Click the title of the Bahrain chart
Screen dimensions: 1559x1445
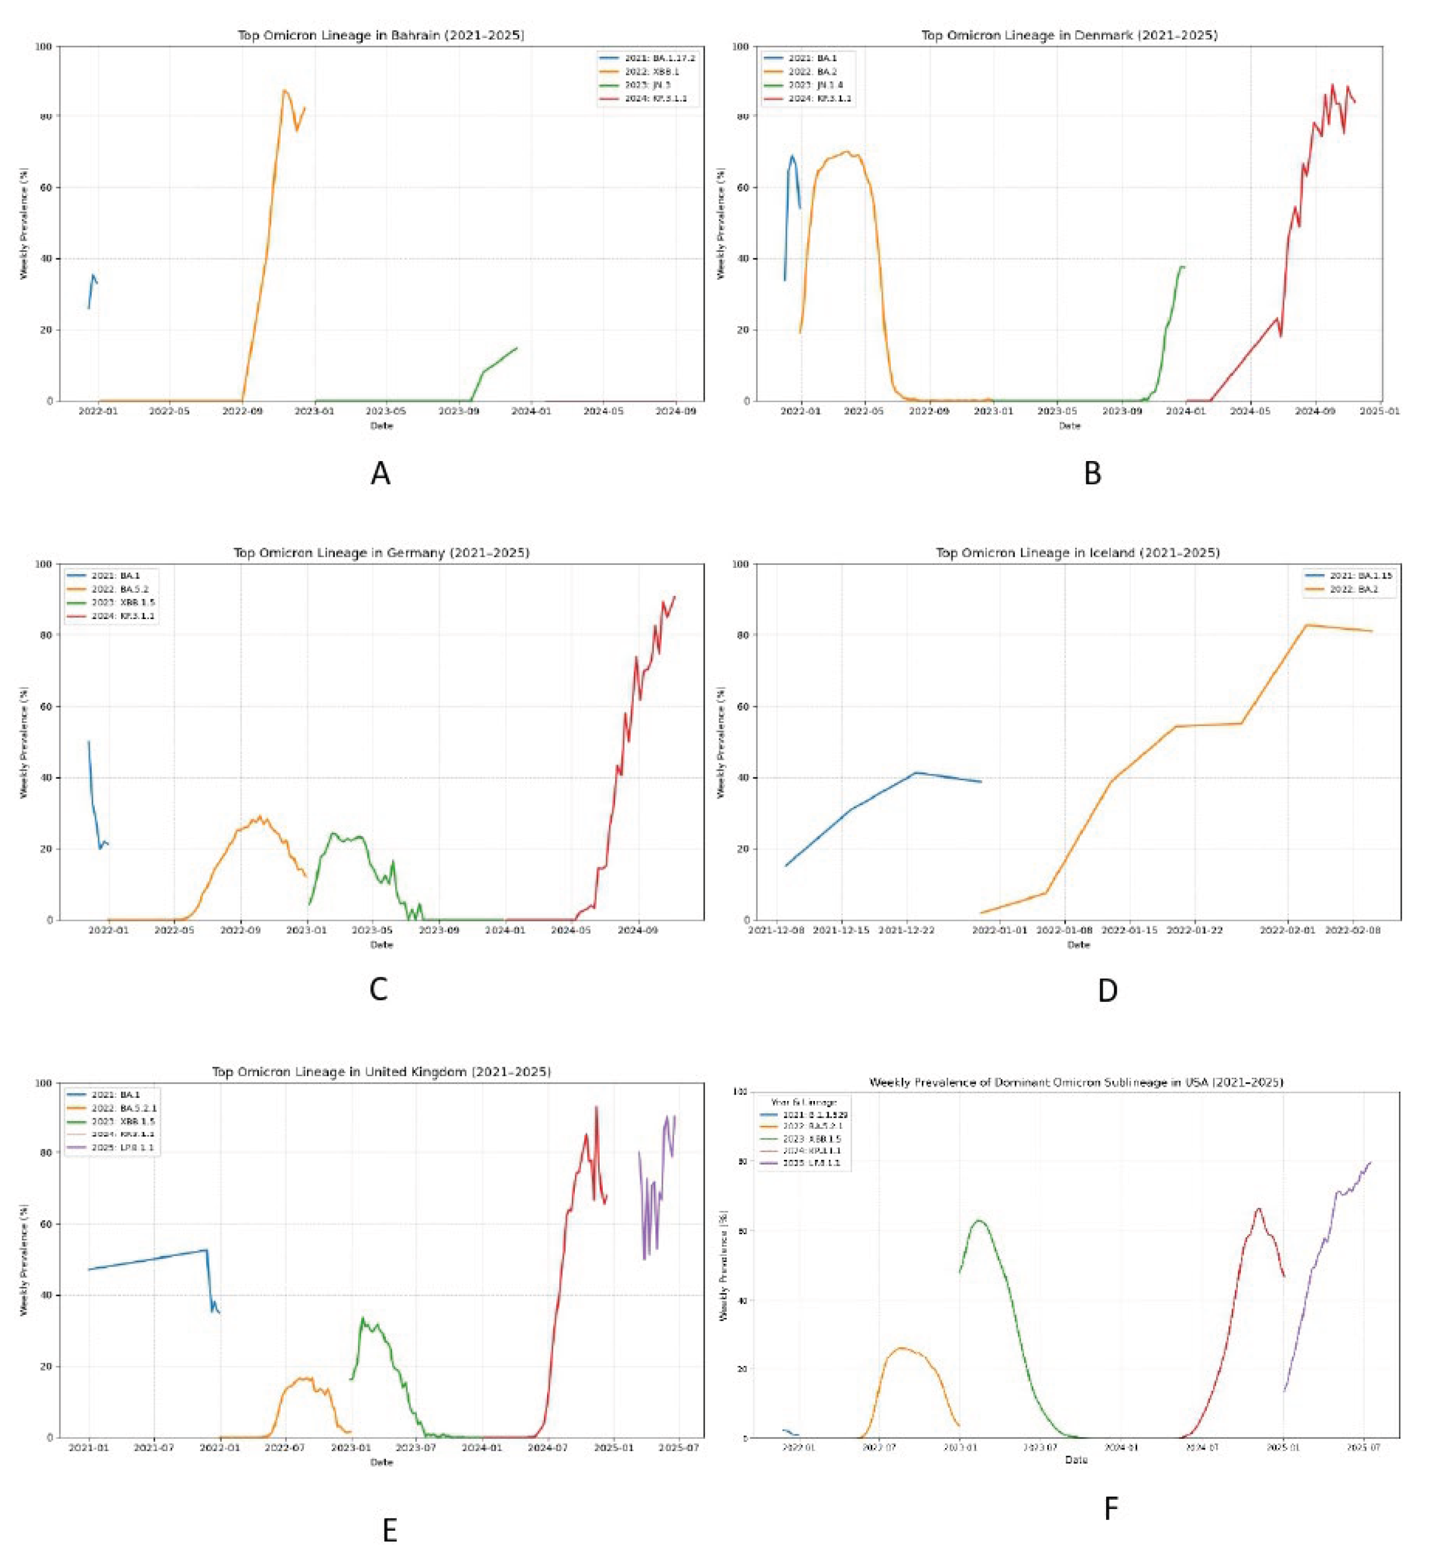point(381,35)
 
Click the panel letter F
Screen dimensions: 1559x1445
point(1110,1509)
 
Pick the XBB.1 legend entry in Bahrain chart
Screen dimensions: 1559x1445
point(652,71)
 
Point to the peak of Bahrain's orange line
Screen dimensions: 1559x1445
point(285,91)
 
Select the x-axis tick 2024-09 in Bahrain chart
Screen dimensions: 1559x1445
point(676,409)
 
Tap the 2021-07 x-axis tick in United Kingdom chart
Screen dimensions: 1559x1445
point(154,1449)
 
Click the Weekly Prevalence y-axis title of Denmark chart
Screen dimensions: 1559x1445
point(721,224)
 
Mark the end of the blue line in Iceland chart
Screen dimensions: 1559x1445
point(981,781)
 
